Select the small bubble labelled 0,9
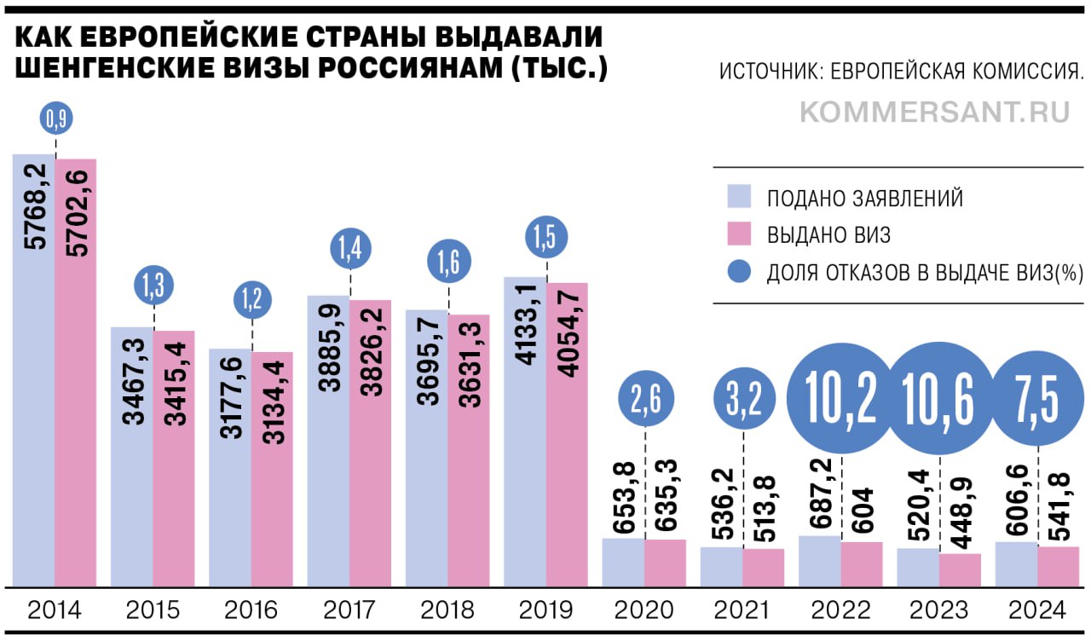coord(56,120)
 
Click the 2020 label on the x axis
coord(644,610)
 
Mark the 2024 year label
coord(1037,610)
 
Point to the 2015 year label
coord(153,610)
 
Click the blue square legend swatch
coord(739,197)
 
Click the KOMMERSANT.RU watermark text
coord(935,113)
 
